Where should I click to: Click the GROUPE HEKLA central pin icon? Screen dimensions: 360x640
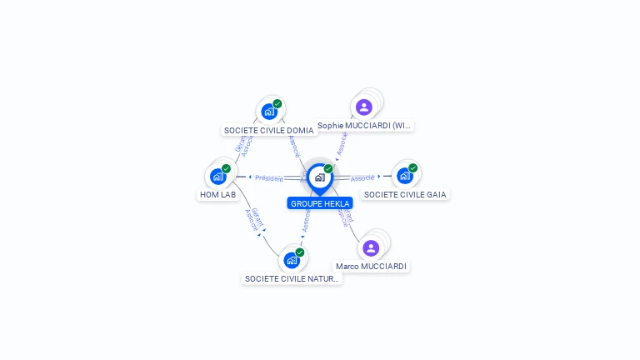319,177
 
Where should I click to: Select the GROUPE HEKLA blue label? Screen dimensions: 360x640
320,203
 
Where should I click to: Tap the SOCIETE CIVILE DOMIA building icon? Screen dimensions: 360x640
268,111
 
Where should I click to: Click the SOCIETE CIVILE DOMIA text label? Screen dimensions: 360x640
268,130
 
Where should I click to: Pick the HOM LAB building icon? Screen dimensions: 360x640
217,176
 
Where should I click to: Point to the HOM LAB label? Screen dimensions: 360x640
217,194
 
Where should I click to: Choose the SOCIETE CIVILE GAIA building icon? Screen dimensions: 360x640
404,175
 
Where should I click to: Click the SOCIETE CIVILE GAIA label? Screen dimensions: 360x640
405,194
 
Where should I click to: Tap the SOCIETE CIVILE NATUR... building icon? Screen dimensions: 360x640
292,259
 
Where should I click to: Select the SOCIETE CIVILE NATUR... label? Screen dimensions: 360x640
292,278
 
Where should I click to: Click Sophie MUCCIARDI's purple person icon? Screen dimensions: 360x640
363,107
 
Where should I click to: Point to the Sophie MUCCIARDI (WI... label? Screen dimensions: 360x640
364,126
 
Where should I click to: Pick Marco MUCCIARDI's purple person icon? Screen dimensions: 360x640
371,247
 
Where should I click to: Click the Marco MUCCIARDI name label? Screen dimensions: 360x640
371,267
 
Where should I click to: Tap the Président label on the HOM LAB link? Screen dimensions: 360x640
268,178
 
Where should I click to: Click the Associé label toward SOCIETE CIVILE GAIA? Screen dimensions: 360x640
362,177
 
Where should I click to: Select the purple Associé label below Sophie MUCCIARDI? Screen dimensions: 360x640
342,142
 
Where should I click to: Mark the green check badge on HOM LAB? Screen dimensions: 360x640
226,168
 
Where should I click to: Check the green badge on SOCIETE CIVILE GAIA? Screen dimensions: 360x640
412,167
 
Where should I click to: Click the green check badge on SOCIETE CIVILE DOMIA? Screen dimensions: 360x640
277,103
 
